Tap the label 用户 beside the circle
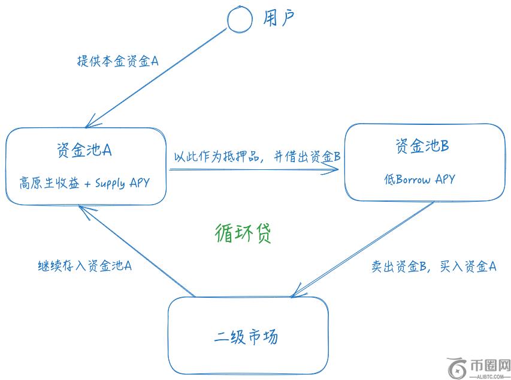tap(279, 19)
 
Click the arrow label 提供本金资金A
tap(117, 61)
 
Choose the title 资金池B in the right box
tap(422, 146)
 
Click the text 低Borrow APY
tap(419, 179)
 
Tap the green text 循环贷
tap(243, 233)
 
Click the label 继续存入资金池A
tap(84, 265)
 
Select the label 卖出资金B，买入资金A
tap(434, 266)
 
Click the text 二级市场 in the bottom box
tap(246, 336)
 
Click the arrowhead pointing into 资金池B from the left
tap(337, 170)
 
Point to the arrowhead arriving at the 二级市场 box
tap(295, 294)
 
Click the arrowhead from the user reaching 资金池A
tap(89, 124)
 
